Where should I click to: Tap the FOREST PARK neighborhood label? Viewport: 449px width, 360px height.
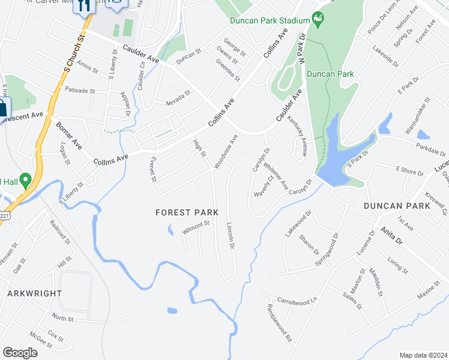[186, 212]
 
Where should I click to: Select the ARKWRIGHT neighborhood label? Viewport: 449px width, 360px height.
[35, 293]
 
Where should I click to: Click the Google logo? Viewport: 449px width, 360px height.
[20, 352]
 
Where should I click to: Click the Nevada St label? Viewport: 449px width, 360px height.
[178, 98]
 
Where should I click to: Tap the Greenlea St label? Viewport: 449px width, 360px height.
[228, 70]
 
